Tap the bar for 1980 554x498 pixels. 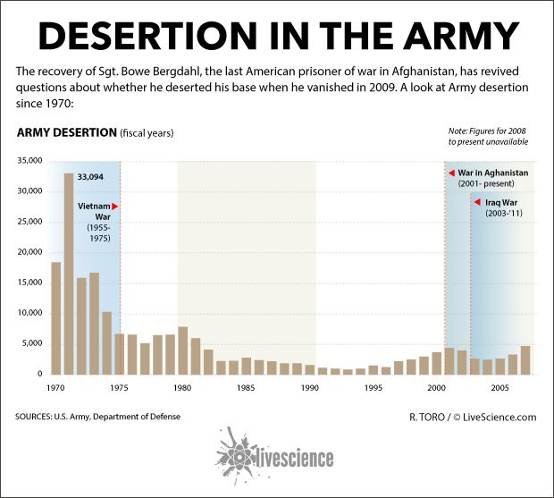coord(183,350)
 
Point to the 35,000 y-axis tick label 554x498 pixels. coord(29,161)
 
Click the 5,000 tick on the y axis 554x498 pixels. coord(32,343)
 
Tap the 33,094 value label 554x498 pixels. coord(90,177)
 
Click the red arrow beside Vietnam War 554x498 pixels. coord(114,207)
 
